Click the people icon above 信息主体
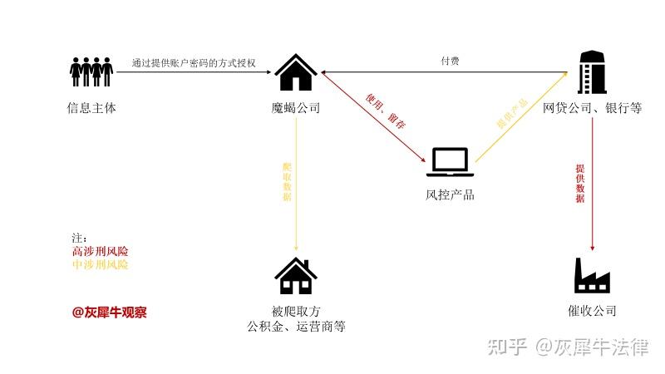click(91, 71)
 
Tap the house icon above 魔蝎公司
click(296, 72)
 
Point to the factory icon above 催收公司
click(592, 275)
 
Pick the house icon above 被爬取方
click(296, 276)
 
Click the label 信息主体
click(91, 108)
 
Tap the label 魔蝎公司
click(296, 108)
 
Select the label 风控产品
click(450, 195)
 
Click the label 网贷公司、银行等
click(592, 108)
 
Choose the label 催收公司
click(592, 311)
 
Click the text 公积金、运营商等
click(296, 327)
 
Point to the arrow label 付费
click(450, 62)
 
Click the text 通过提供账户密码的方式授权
click(194, 62)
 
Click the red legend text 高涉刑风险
click(101, 251)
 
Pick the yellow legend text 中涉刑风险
click(101, 264)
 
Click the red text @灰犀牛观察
click(109, 312)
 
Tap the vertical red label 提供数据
click(580, 183)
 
